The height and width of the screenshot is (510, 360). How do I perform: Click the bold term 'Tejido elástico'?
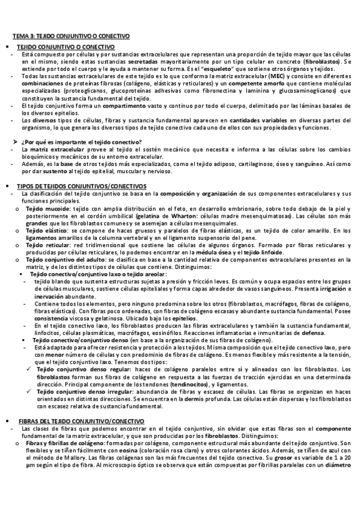click(x=46, y=230)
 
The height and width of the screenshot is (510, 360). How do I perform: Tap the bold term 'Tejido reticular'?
click(x=47, y=245)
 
